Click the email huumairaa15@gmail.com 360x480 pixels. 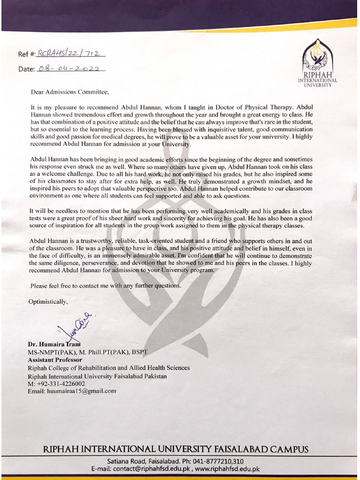click(82, 391)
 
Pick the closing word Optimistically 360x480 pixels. click(48, 301)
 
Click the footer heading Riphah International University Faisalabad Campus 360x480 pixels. click(176, 449)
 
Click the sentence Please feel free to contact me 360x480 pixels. click(105, 285)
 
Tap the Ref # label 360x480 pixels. click(27, 54)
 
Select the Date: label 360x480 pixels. click(26, 69)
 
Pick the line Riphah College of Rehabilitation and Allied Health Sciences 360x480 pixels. click(109, 368)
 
